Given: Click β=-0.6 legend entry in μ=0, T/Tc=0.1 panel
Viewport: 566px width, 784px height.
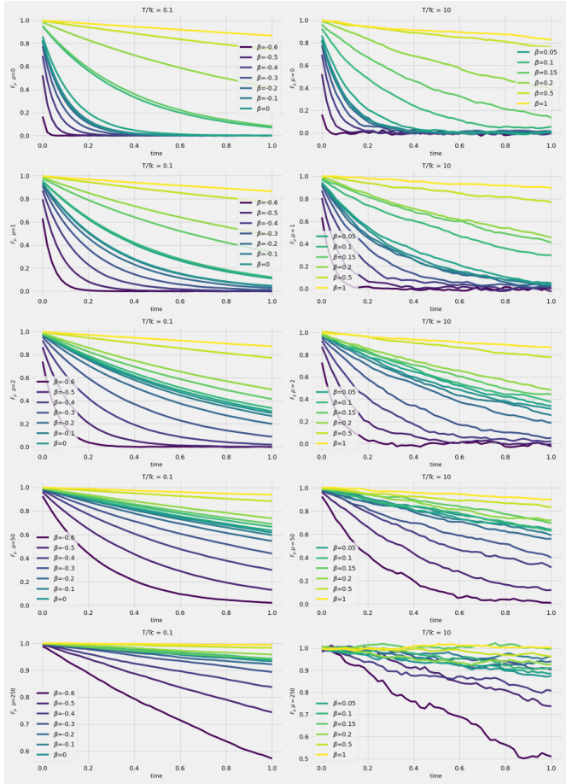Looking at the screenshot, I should pos(260,48).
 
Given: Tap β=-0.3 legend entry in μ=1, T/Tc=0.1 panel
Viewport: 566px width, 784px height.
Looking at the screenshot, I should pos(260,233).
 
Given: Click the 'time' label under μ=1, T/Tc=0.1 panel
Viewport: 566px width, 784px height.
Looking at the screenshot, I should pos(156,308).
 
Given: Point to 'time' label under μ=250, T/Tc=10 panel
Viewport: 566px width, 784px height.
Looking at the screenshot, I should pos(435,775).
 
